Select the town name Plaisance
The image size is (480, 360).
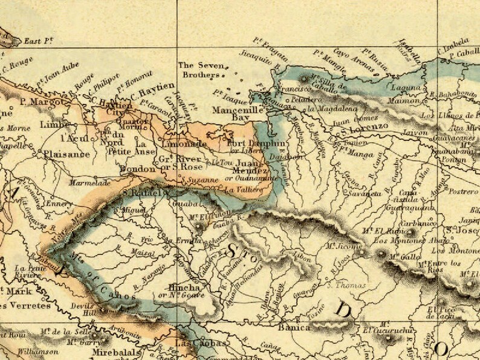tap(66, 154)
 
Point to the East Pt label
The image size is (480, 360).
tap(37, 42)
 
